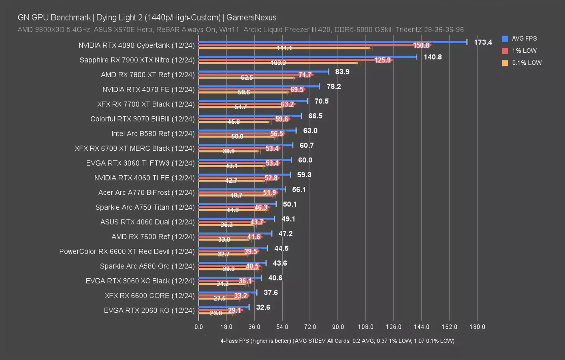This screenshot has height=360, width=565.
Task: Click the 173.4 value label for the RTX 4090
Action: [x=483, y=42]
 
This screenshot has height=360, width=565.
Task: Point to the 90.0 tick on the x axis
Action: [x=338, y=327]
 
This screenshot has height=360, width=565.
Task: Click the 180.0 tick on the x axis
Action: [x=477, y=327]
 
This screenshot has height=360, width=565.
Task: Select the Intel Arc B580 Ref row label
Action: [x=153, y=134]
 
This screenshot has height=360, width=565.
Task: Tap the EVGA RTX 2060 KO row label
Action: [x=149, y=310]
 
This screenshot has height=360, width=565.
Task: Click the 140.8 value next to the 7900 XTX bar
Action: [x=433, y=57]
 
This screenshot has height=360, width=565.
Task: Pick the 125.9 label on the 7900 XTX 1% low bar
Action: [x=383, y=60]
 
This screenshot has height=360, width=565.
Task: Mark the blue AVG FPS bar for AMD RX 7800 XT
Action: [x=264, y=72]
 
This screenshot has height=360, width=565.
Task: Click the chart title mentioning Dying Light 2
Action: [x=147, y=18]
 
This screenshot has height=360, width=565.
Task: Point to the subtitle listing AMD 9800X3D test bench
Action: [x=240, y=30]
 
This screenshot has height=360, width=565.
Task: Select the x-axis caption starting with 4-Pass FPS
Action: [x=337, y=341]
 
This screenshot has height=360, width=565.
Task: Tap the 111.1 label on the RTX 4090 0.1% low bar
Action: [x=284, y=48]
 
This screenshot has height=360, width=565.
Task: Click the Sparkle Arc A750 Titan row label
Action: [x=145, y=207]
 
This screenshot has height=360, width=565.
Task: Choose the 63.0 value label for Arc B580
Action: [x=310, y=131]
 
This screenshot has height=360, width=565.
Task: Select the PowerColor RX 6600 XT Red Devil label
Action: [x=127, y=252]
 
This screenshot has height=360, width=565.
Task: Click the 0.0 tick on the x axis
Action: [x=199, y=327]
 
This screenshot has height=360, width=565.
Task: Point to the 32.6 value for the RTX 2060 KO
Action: [x=263, y=308]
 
